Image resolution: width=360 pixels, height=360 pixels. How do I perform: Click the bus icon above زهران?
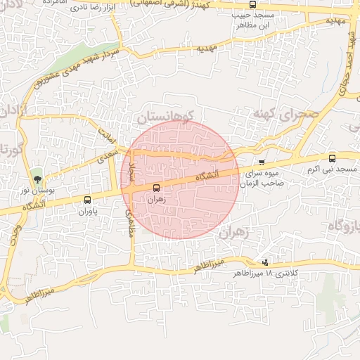(x=156, y=188)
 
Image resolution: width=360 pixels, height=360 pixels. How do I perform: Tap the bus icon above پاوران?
(x=87, y=200)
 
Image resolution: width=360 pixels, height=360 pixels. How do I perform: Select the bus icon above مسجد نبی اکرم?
(x=332, y=158)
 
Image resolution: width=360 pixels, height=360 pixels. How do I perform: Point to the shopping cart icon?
(x=262, y=162)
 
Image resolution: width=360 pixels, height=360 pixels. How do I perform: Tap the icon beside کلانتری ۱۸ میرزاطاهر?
(x=264, y=262)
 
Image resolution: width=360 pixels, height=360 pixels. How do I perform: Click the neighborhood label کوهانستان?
(x=172, y=112)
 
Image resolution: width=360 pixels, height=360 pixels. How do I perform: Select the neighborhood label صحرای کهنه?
(x=286, y=113)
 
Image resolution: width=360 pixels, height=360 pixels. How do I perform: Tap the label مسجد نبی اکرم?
(x=337, y=170)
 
